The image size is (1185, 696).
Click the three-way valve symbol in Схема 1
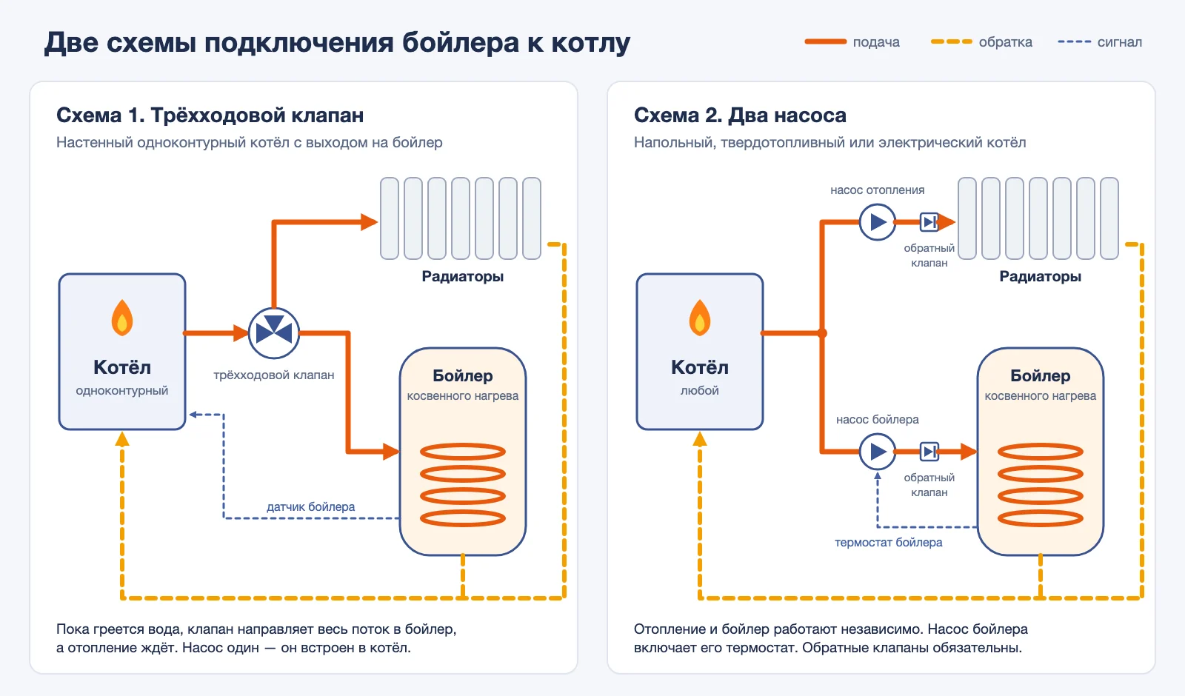pos(274,333)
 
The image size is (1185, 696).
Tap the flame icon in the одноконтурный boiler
pos(122,318)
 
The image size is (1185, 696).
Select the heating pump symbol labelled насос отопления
pos(877,222)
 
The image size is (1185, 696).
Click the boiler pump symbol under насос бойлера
pos(877,452)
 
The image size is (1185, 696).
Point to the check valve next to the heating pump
pos(929,222)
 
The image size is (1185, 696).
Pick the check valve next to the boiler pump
pos(929,452)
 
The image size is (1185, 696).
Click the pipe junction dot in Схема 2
pos(822,333)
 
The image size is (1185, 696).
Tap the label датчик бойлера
pos(310,506)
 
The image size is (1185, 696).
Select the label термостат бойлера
pos(888,543)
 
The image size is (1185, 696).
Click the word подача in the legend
pos(876,42)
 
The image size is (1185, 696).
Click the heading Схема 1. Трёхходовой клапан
pos(210,116)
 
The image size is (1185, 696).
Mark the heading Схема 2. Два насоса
pos(740,116)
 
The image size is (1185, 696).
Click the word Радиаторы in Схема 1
pos(462,277)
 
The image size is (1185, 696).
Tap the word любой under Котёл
pos(699,391)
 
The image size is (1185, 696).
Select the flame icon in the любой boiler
pos(700,318)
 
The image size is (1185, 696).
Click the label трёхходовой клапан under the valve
pos(273,375)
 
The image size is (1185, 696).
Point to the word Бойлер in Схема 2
pos(1040,375)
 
